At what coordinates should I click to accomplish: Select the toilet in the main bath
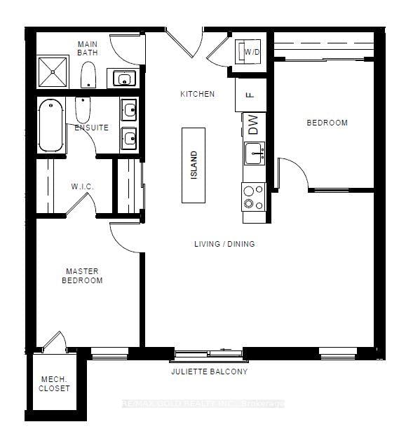click(88, 74)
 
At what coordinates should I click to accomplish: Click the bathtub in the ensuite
click(50, 125)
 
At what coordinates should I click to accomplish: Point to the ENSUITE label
click(92, 128)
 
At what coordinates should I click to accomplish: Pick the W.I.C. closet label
click(82, 186)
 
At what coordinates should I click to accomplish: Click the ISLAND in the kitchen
click(194, 165)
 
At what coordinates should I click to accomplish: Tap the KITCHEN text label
click(197, 94)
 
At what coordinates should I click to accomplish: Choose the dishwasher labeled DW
click(253, 125)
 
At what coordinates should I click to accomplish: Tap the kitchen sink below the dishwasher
click(254, 151)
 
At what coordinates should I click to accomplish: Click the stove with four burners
click(253, 196)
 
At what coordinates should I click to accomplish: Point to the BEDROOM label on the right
click(327, 123)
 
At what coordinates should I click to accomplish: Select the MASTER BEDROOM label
click(84, 275)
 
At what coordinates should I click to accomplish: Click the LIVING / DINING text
click(224, 244)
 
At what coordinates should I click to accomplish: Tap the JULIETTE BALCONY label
click(210, 372)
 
